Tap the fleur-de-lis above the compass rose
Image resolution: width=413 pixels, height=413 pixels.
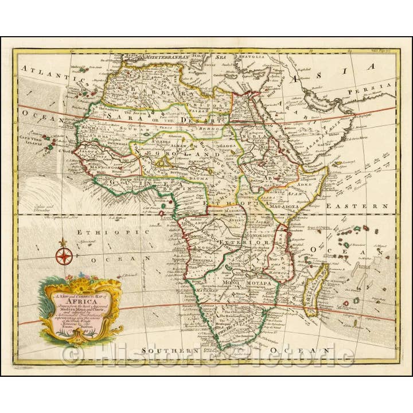point(64,243)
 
